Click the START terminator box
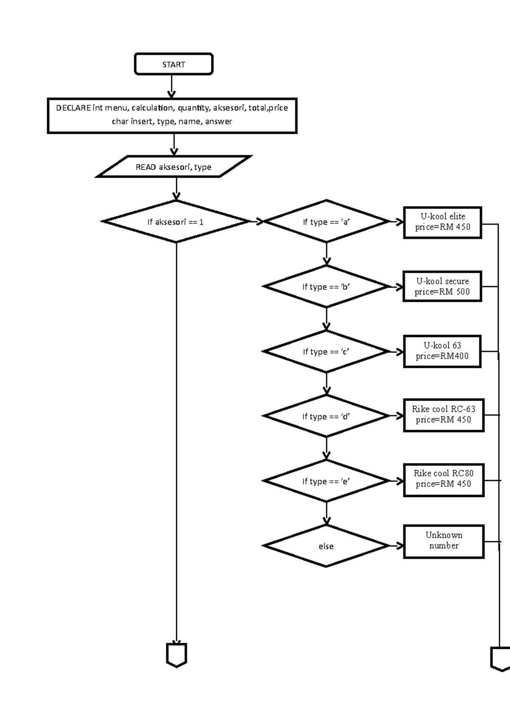point(173,64)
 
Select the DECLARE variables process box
point(172,116)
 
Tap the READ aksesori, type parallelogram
point(173,167)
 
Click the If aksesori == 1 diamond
point(176,222)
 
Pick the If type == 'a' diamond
point(326,222)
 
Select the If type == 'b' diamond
point(326,287)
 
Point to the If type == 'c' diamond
point(326,352)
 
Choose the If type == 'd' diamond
point(326,416)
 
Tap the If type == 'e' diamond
point(326,481)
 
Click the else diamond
point(326,546)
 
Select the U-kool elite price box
point(442,222)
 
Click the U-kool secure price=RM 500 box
point(442,286)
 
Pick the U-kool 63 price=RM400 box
point(442,351)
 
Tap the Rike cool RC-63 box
point(443,415)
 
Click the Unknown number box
point(443,541)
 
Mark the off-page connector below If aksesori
point(176,655)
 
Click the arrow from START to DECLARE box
point(172,86)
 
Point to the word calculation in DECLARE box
point(152,108)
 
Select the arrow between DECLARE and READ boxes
point(174,145)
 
